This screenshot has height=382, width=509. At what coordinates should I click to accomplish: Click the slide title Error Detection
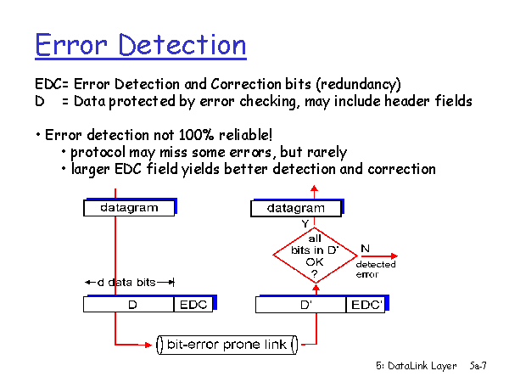pyautogui.click(x=141, y=45)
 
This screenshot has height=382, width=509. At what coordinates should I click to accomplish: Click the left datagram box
pyautogui.click(x=129, y=208)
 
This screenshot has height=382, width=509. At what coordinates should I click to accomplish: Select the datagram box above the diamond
pyautogui.click(x=296, y=208)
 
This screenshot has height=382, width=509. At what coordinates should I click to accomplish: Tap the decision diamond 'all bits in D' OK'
pyautogui.click(x=315, y=256)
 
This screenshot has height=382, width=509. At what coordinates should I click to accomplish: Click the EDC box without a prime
pyautogui.click(x=193, y=305)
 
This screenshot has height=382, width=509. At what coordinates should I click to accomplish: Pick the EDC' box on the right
pyautogui.click(x=366, y=305)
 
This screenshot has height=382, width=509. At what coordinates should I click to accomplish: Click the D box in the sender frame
pyautogui.click(x=129, y=305)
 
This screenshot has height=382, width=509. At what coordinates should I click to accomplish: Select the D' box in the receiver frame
pyautogui.click(x=301, y=305)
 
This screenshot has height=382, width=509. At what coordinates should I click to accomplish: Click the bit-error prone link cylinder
pyautogui.click(x=227, y=345)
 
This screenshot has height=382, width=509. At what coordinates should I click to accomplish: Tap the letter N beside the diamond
pyautogui.click(x=365, y=249)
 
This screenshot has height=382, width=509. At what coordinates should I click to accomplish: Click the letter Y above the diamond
pyautogui.click(x=305, y=223)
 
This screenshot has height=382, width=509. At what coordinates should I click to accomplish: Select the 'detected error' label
pyautogui.click(x=376, y=269)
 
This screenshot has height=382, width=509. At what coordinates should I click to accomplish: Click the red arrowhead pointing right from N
pyautogui.click(x=394, y=256)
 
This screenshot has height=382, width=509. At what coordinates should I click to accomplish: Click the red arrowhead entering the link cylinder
pyautogui.click(x=148, y=345)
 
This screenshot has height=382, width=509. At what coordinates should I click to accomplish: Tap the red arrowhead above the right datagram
pyautogui.click(x=314, y=188)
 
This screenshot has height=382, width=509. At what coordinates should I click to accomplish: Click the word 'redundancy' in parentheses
pyautogui.click(x=358, y=84)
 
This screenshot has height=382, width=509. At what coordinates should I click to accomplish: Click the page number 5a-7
pyautogui.click(x=478, y=366)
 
